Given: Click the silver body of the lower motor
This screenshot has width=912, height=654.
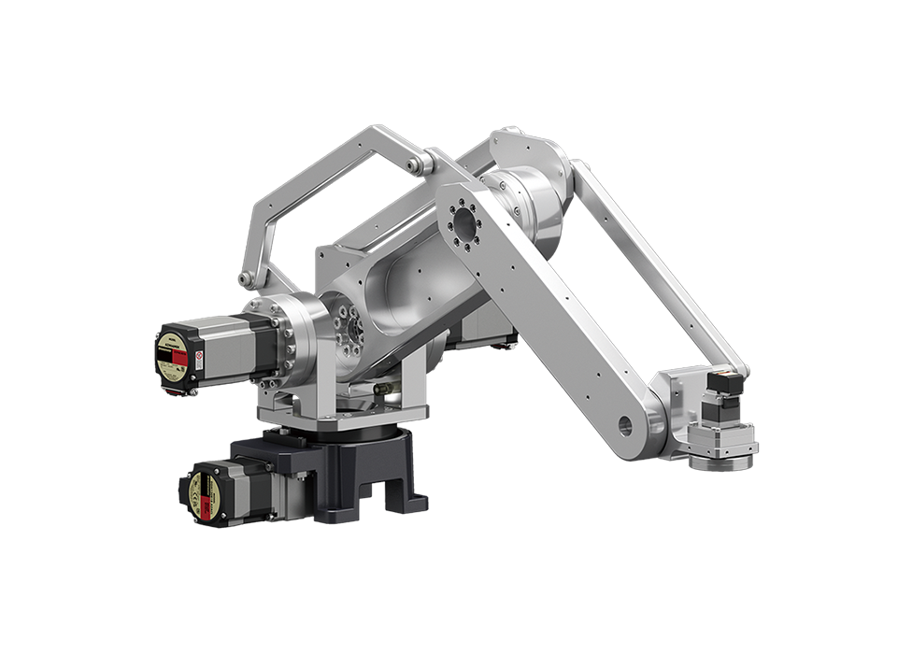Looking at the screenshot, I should (x=248, y=483).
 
